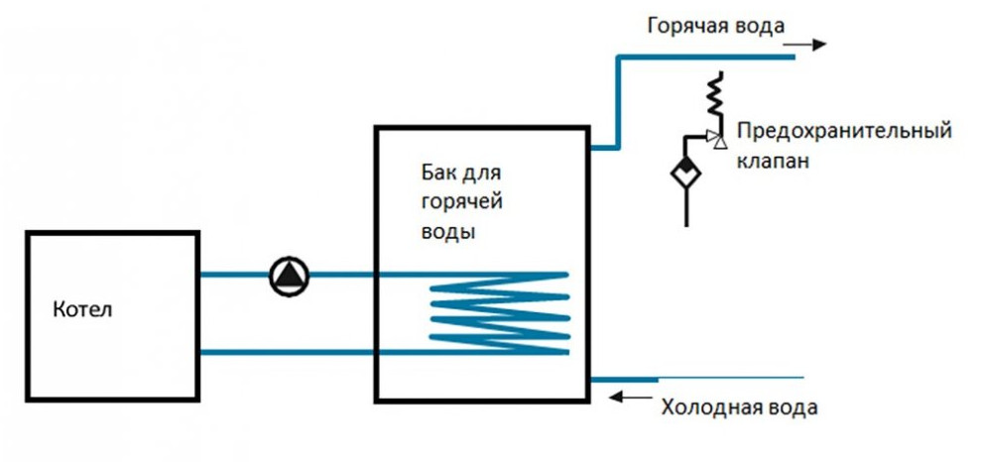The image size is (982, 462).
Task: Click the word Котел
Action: pyautogui.click(x=83, y=309)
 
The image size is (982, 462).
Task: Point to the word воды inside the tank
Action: pyautogui.click(x=441, y=234)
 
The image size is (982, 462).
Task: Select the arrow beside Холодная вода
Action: pyautogui.click(x=626, y=398)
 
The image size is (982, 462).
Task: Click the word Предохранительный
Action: pyautogui.click(x=845, y=133)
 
